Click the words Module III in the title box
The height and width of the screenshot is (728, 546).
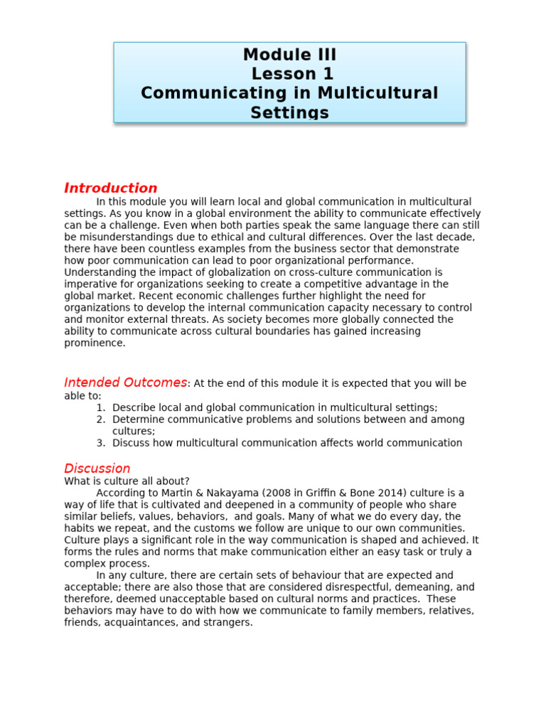point(289,55)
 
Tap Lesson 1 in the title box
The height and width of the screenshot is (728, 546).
point(292,74)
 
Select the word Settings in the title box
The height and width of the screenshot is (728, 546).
point(289,112)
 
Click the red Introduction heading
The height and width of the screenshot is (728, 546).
point(111,188)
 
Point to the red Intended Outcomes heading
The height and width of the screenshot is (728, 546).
point(125,382)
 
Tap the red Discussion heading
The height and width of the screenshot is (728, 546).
point(97,469)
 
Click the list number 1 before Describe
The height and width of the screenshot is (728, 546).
point(100,407)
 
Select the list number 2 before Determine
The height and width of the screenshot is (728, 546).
point(100,419)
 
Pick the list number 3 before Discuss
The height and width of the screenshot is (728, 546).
point(100,443)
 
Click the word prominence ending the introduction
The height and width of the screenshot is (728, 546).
point(95,343)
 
